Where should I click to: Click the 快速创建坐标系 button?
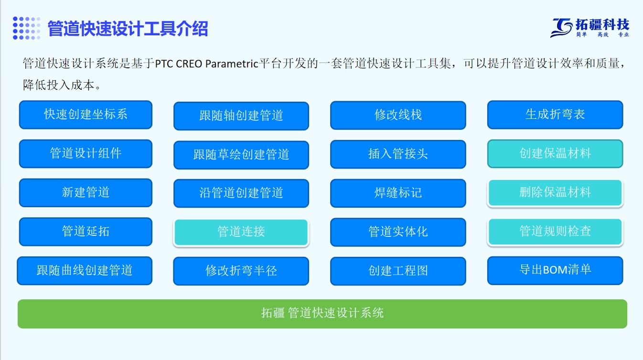click(86, 115)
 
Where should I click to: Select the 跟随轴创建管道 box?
click(241, 116)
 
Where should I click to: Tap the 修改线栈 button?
click(398, 115)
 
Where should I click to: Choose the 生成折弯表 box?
click(555, 115)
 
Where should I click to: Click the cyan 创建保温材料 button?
click(555, 153)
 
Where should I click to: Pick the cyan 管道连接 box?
click(241, 232)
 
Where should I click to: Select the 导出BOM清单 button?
click(555, 271)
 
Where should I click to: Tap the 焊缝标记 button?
click(398, 193)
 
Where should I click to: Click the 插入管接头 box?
click(398, 154)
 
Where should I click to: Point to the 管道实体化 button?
click(398, 232)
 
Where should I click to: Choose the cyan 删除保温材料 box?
click(555, 192)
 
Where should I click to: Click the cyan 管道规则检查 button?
click(555, 232)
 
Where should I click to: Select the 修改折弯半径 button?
click(241, 271)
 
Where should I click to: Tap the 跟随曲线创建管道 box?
click(85, 271)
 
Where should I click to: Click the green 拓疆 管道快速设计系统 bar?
click(322, 314)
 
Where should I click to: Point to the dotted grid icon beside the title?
click(26, 28)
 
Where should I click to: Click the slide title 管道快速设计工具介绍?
click(128, 29)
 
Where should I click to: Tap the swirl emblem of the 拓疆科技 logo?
click(561, 28)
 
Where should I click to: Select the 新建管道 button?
click(86, 192)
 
